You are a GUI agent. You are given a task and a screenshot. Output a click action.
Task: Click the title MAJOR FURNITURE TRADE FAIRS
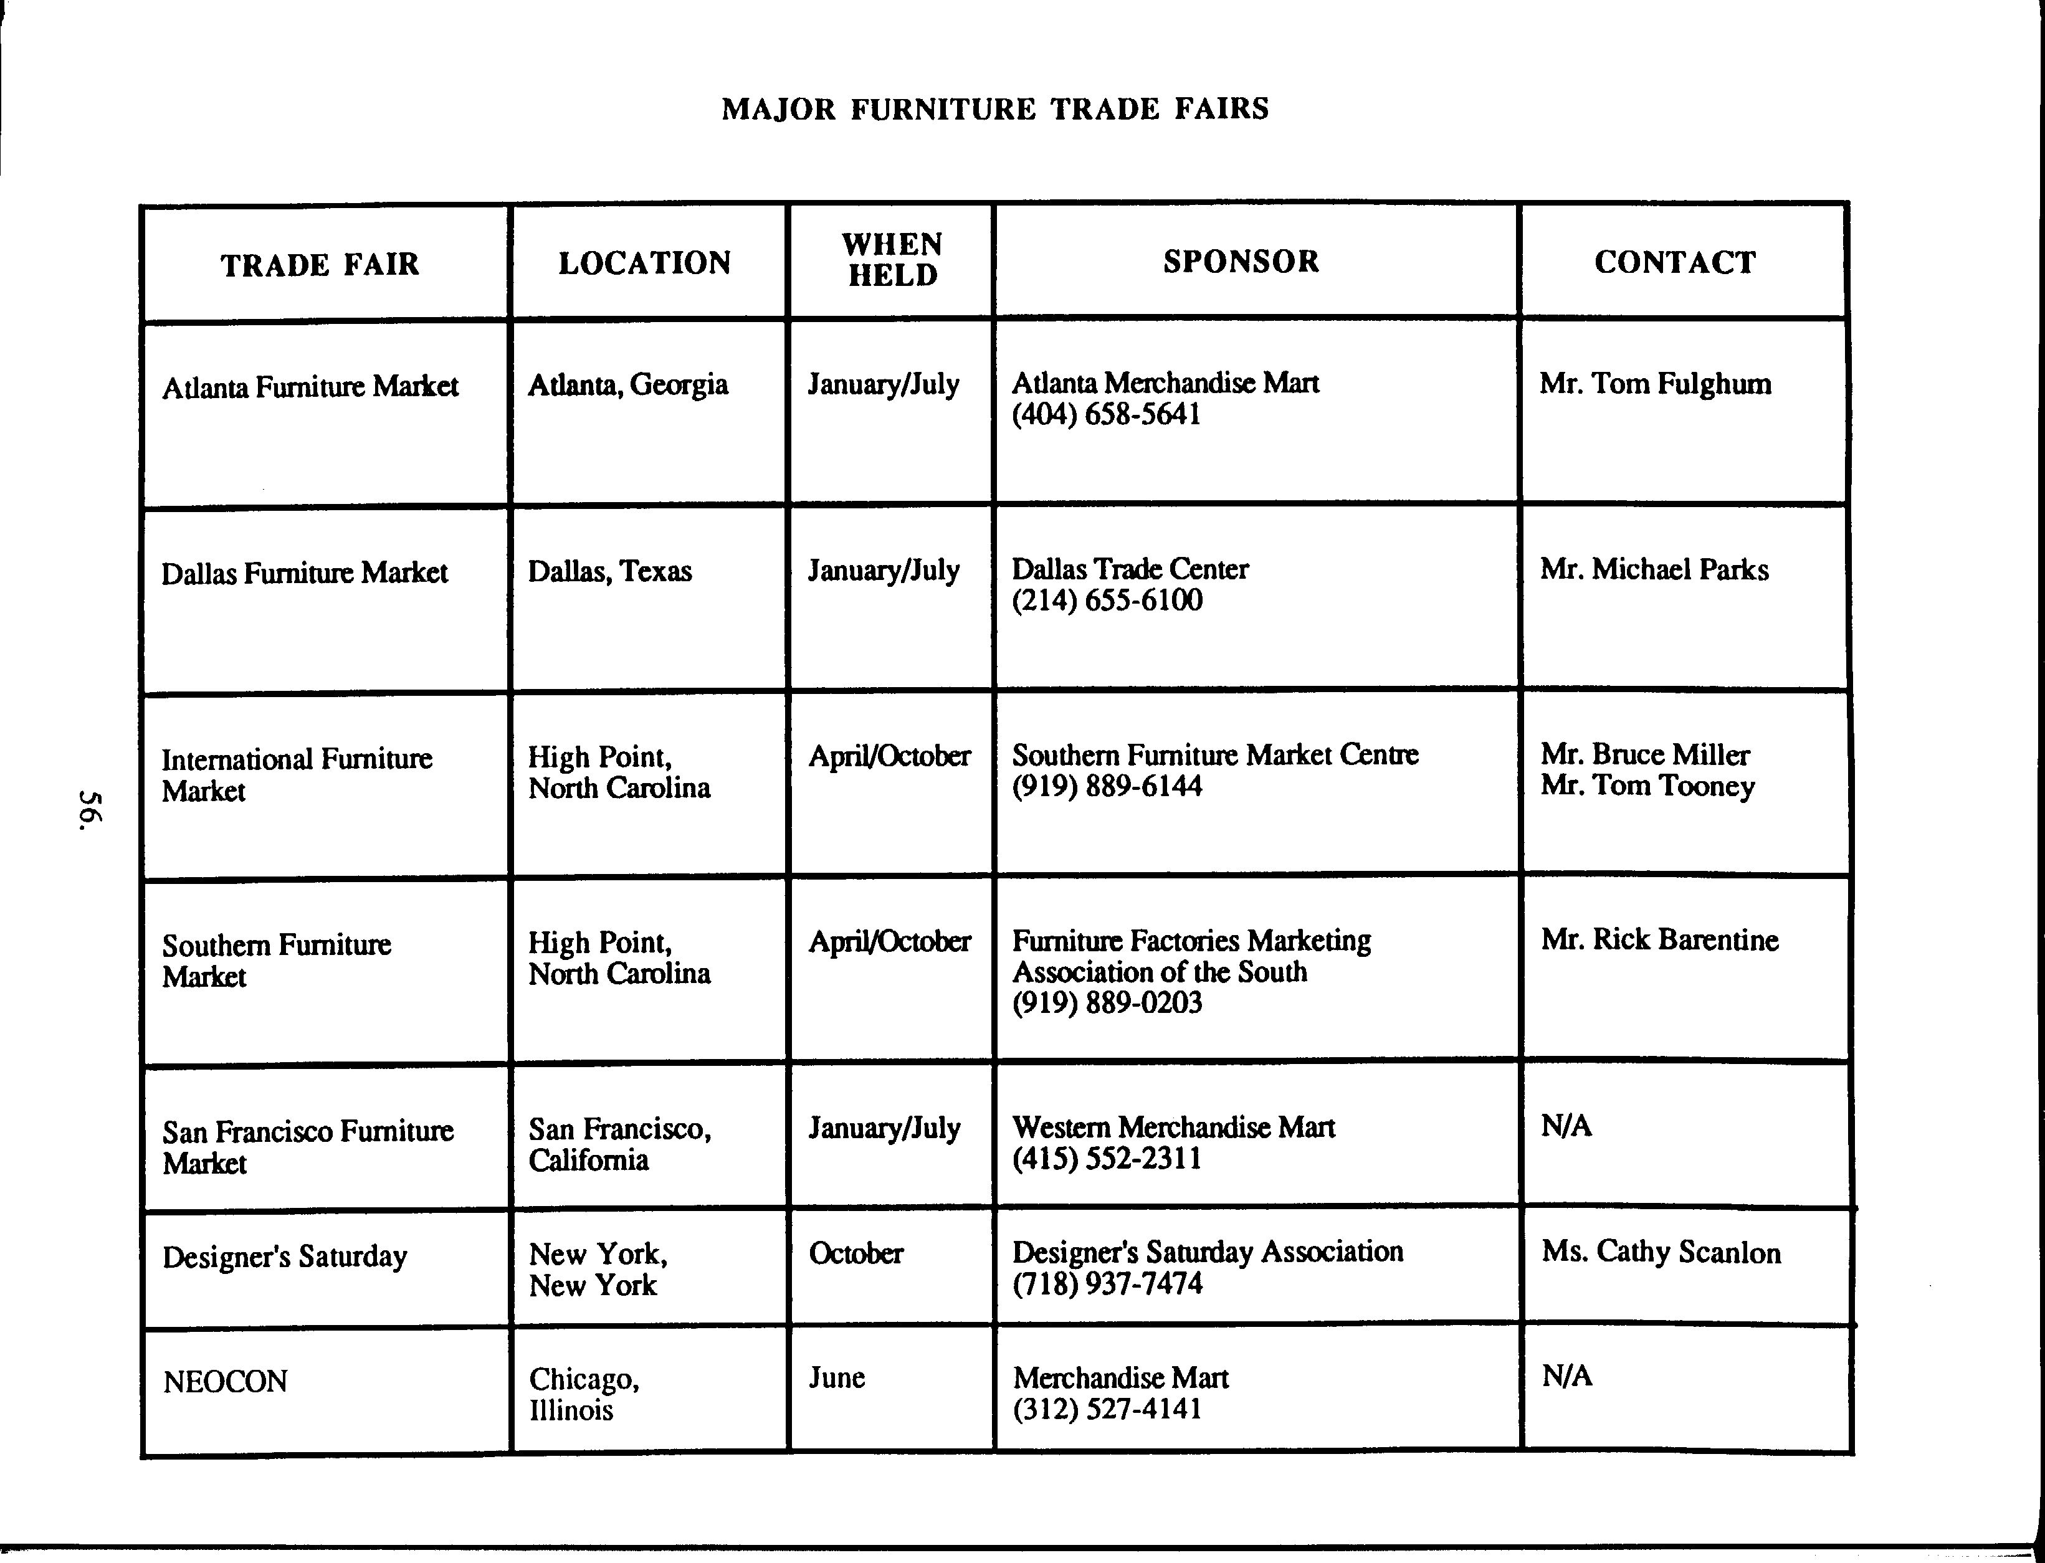pyautogui.click(x=994, y=109)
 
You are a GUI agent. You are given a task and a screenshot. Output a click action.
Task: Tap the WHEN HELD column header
pyautogui.click(x=891, y=260)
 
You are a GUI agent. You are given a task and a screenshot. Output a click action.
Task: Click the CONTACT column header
pyautogui.click(x=1675, y=262)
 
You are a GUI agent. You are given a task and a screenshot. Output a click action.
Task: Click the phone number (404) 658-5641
pyautogui.click(x=1106, y=415)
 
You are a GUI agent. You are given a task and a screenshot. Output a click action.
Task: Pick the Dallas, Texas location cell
pyautogui.click(x=609, y=570)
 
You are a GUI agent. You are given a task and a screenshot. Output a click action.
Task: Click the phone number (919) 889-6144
pyautogui.click(x=1107, y=786)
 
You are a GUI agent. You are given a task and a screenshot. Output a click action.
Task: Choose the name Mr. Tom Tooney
pyautogui.click(x=1647, y=786)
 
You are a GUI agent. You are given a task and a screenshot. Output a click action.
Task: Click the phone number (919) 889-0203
pyautogui.click(x=1107, y=1003)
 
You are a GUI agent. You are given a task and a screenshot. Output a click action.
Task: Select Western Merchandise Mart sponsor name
pyautogui.click(x=1173, y=1128)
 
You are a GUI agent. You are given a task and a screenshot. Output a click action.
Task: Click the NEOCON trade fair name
pyautogui.click(x=225, y=1382)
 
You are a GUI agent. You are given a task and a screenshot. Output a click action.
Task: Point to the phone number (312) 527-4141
pyautogui.click(x=1107, y=1410)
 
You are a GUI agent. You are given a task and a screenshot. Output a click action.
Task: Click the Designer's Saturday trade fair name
pyautogui.click(x=285, y=1257)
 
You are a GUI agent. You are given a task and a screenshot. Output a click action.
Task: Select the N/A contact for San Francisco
pyautogui.click(x=1566, y=1127)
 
